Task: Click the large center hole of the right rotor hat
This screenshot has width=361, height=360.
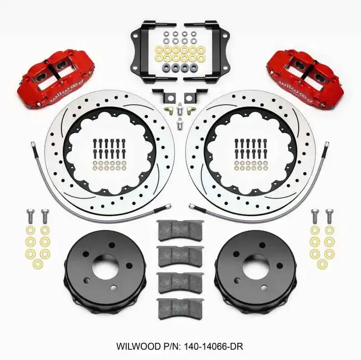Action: pos(256,267)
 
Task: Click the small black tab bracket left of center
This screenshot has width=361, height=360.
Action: pos(160,96)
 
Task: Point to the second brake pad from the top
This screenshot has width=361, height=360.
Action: pos(180,255)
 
